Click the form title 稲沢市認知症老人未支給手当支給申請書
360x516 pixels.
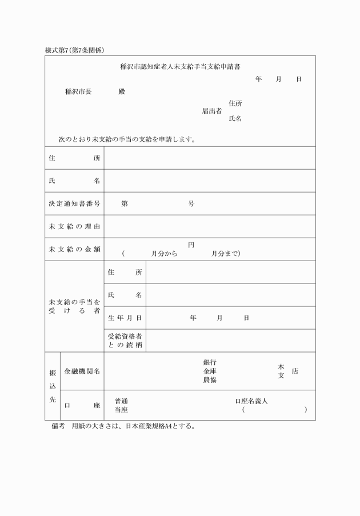tap(180, 66)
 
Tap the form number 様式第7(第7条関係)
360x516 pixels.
tap(74, 50)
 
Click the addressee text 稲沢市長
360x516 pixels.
tap(78, 91)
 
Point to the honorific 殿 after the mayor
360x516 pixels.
tap(121, 91)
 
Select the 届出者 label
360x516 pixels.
tap(211, 111)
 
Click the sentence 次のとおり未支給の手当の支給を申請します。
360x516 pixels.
tap(127, 139)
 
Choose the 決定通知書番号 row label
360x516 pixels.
tap(74, 203)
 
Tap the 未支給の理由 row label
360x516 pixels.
tap(74, 226)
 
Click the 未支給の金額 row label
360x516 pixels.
tap(74, 249)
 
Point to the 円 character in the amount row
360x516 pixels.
tap(191, 245)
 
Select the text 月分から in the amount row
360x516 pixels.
tap(165, 254)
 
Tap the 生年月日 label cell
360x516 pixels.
tap(125, 318)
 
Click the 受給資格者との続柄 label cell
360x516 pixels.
tap(125, 341)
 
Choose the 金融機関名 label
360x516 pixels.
tap(82, 371)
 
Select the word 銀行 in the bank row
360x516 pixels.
tap(209, 362)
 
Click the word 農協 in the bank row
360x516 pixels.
tap(209, 379)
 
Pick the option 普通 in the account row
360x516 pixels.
tap(121, 401)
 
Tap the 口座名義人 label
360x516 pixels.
tap(251, 401)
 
